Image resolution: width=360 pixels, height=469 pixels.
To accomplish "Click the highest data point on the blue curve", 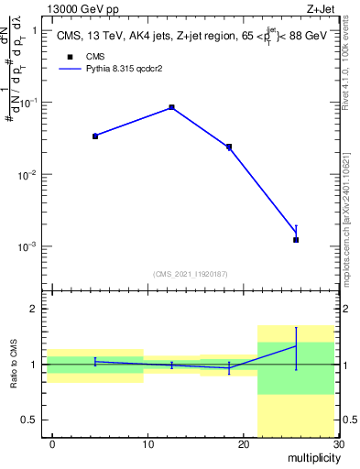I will [x=171, y=107].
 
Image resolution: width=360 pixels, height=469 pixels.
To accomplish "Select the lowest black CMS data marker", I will [x=296, y=240].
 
